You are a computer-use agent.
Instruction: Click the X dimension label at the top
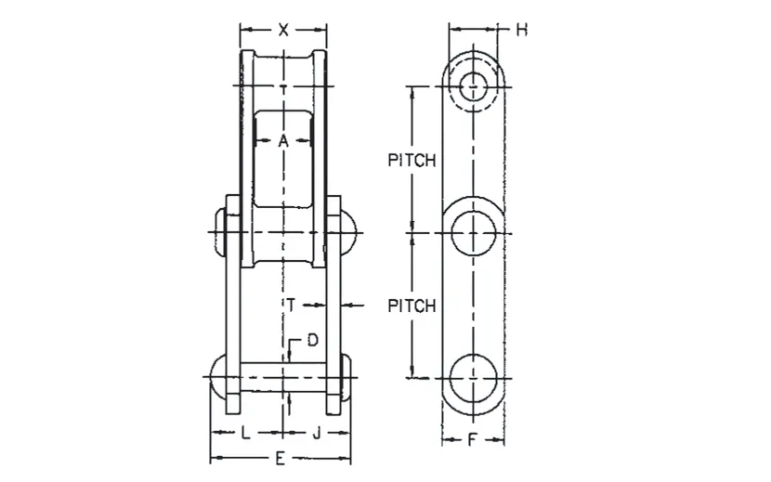click(x=283, y=30)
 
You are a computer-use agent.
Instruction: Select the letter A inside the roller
click(x=284, y=141)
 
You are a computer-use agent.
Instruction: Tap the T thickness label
click(x=291, y=304)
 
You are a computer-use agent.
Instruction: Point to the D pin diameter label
click(x=312, y=340)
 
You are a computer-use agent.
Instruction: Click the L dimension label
click(x=245, y=433)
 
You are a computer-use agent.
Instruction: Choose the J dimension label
click(x=317, y=433)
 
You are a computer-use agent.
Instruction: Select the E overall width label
click(x=281, y=458)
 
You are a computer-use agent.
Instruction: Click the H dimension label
click(x=522, y=30)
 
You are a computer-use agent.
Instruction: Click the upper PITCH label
click(x=412, y=161)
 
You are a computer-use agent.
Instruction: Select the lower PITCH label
click(x=412, y=306)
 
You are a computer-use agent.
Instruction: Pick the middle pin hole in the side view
click(x=475, y=230)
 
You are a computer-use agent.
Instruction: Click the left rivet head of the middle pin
click(x=219, y=230)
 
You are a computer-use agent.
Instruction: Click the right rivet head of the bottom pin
click(x=346, y=377)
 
